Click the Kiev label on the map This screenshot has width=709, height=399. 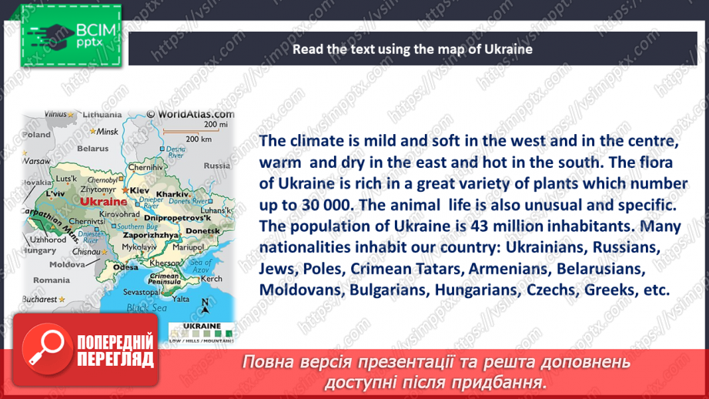[139, 189]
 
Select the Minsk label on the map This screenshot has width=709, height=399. [106, 132]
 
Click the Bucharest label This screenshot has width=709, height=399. [39, 299]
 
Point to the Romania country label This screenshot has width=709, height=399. [51, 280]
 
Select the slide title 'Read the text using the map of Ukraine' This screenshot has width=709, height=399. [412, 49]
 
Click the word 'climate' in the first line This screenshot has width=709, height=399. [317, 142]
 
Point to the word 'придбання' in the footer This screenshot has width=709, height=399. [508, 381]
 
